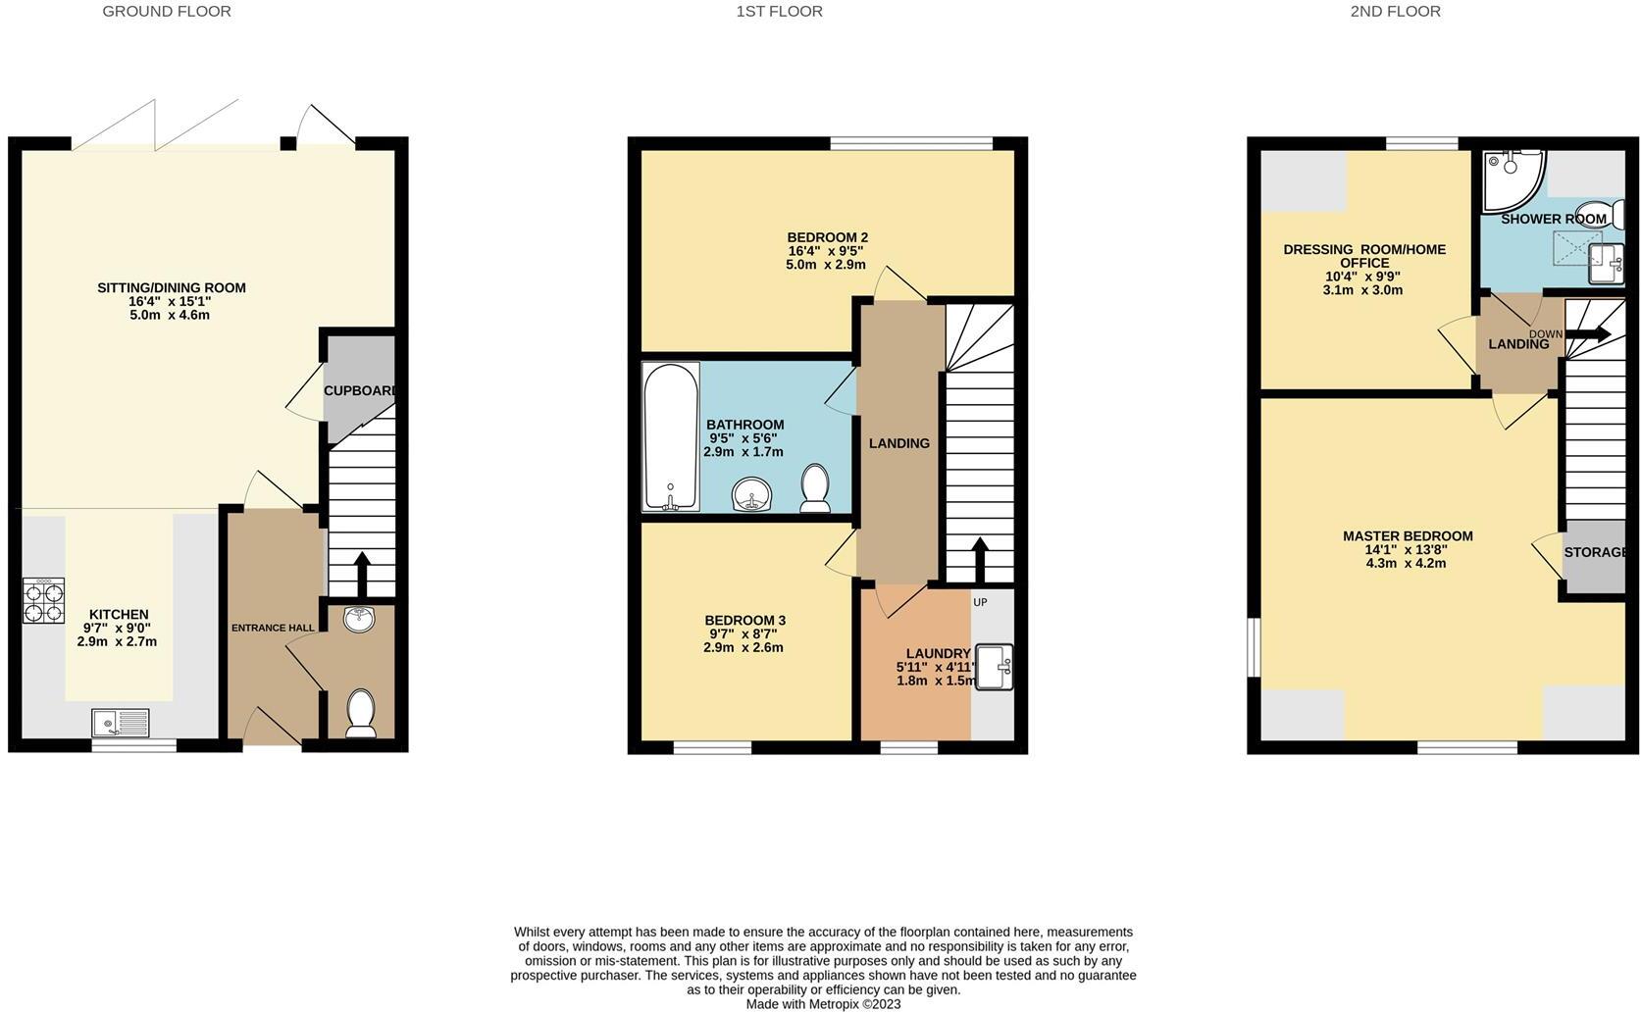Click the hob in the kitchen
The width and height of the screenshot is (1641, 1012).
(x=43, y=600)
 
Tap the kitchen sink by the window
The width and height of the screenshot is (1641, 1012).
(x=120, y=723)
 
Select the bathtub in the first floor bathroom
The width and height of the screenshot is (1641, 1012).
(x=671, y=436)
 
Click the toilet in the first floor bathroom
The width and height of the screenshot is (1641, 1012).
(x=815, y=487)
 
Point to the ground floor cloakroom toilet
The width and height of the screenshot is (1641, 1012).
(x=361, y=712)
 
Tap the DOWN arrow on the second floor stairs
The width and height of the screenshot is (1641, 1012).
(x=1587, y=334)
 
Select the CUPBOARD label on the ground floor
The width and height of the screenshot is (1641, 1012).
(x=360, y=390)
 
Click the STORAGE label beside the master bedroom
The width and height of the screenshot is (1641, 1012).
(x=1595, y=552)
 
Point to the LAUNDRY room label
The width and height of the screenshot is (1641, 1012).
(x=938, y=653)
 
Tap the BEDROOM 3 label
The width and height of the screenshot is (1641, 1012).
(x=744, y=620)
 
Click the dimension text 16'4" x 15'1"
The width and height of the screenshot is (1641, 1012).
(x=171, y=301)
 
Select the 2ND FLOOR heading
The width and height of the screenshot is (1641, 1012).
(x=1395, y=12)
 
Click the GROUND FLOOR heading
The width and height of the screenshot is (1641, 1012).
(x=167, y=12)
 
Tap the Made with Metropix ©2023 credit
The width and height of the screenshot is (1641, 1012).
(x=823, y=1004)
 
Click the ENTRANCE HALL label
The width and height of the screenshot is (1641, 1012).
(x=273, y=628)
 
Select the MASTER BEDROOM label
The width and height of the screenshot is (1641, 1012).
(x=1407, y=535)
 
